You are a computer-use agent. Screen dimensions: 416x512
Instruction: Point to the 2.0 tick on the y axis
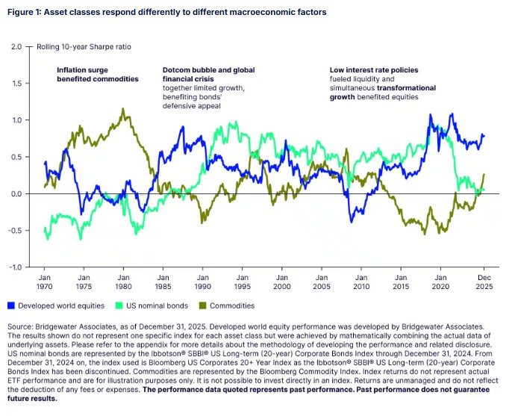pos(17,46)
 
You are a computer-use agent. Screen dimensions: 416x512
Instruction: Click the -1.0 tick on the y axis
pos(16,267)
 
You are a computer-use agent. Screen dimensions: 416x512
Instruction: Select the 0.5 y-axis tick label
pos(17,157)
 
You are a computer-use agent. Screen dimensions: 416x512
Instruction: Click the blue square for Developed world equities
pos(10,305)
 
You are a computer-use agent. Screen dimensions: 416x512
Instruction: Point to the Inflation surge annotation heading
pos(98,74)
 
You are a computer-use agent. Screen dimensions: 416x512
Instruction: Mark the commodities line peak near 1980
pos(122,109)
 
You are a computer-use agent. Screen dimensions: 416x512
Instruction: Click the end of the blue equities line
pos(484,135)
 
